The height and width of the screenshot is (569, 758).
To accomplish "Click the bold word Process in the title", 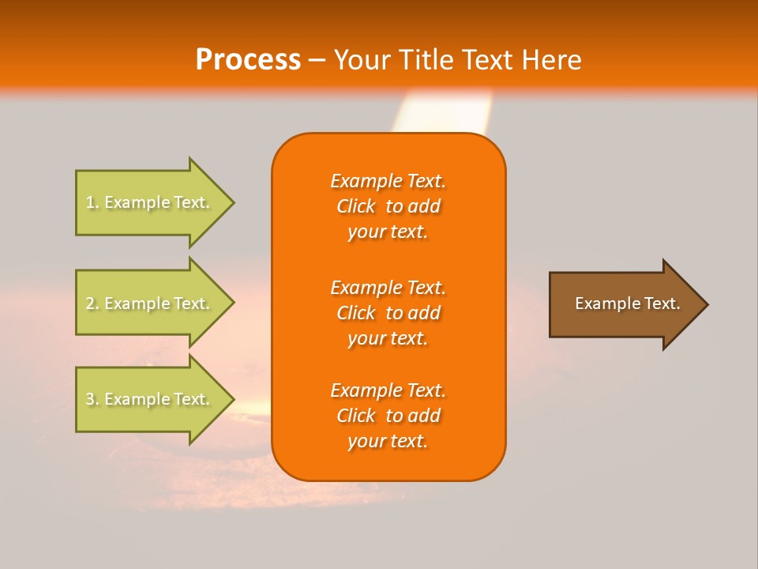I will (248, 60).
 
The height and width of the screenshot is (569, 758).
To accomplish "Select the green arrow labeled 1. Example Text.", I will (150, 202).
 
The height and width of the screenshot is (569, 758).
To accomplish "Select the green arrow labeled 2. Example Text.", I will (150, 303).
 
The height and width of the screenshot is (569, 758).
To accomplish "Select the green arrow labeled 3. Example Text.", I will (150, 399).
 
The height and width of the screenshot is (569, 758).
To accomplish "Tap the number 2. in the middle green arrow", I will (92, 303).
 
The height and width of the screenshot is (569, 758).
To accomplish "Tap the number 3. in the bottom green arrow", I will (92, 399).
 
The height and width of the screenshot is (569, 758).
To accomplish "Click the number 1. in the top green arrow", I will (92, 202).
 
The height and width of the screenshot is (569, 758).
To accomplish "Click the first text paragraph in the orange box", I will (388, 206).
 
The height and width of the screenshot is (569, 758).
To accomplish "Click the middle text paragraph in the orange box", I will (388, 313).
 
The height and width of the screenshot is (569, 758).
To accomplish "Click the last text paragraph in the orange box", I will (388, 416).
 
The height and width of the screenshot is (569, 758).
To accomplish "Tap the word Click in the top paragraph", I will (356, 206).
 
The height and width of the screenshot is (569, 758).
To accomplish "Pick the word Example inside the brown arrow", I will (602, 303).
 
